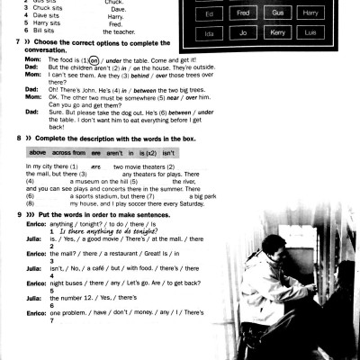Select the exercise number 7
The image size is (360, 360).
[x=6, y=42]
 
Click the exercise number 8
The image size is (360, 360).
[x=6, y=140]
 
